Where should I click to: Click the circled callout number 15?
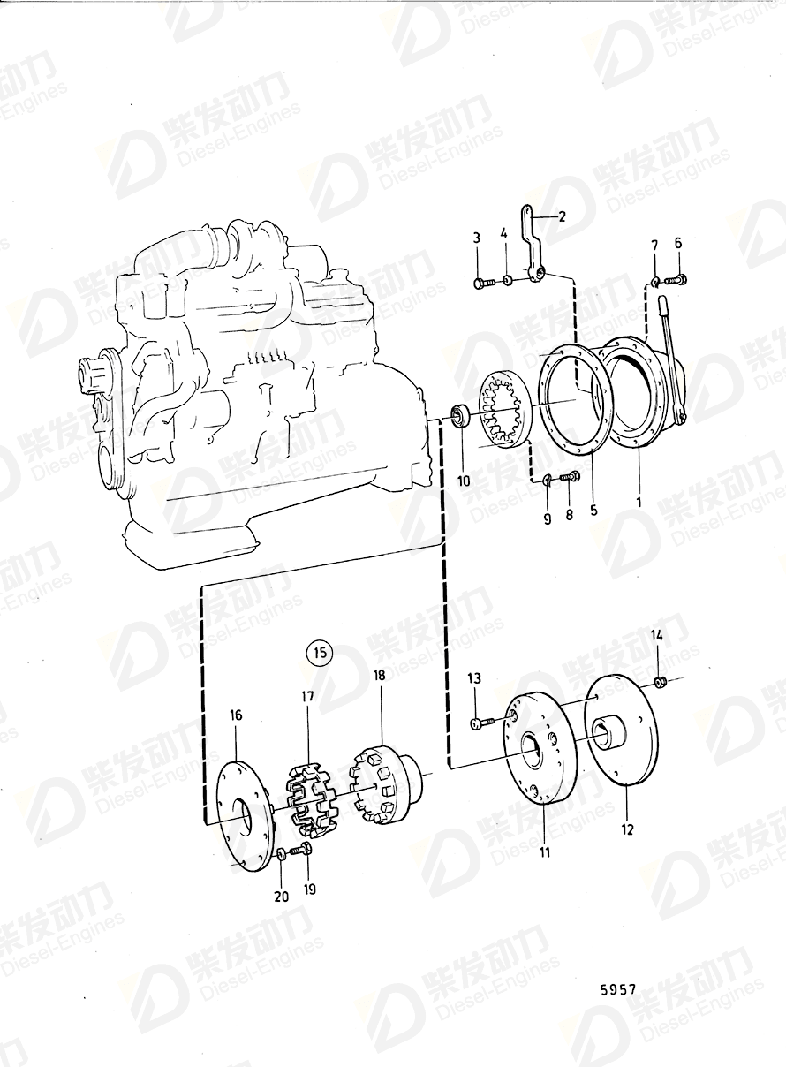pyautogui.click(x=318, y=655)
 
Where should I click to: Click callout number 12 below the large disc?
pyautogui.click(x=628, y=829)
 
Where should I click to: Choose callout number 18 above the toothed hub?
pyautogui.click(x=379, y=675)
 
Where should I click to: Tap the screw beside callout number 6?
pyautogui.click(x=676, y=281)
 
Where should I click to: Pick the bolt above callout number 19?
pyautogui.click(x=304, y=850)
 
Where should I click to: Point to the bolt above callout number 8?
pyautogui.click(x=569, y=478)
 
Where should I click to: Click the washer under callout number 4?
pyautogui.click(x=507, y=281)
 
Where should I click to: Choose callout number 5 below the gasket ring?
pyautogui.click(x=593, y=510)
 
